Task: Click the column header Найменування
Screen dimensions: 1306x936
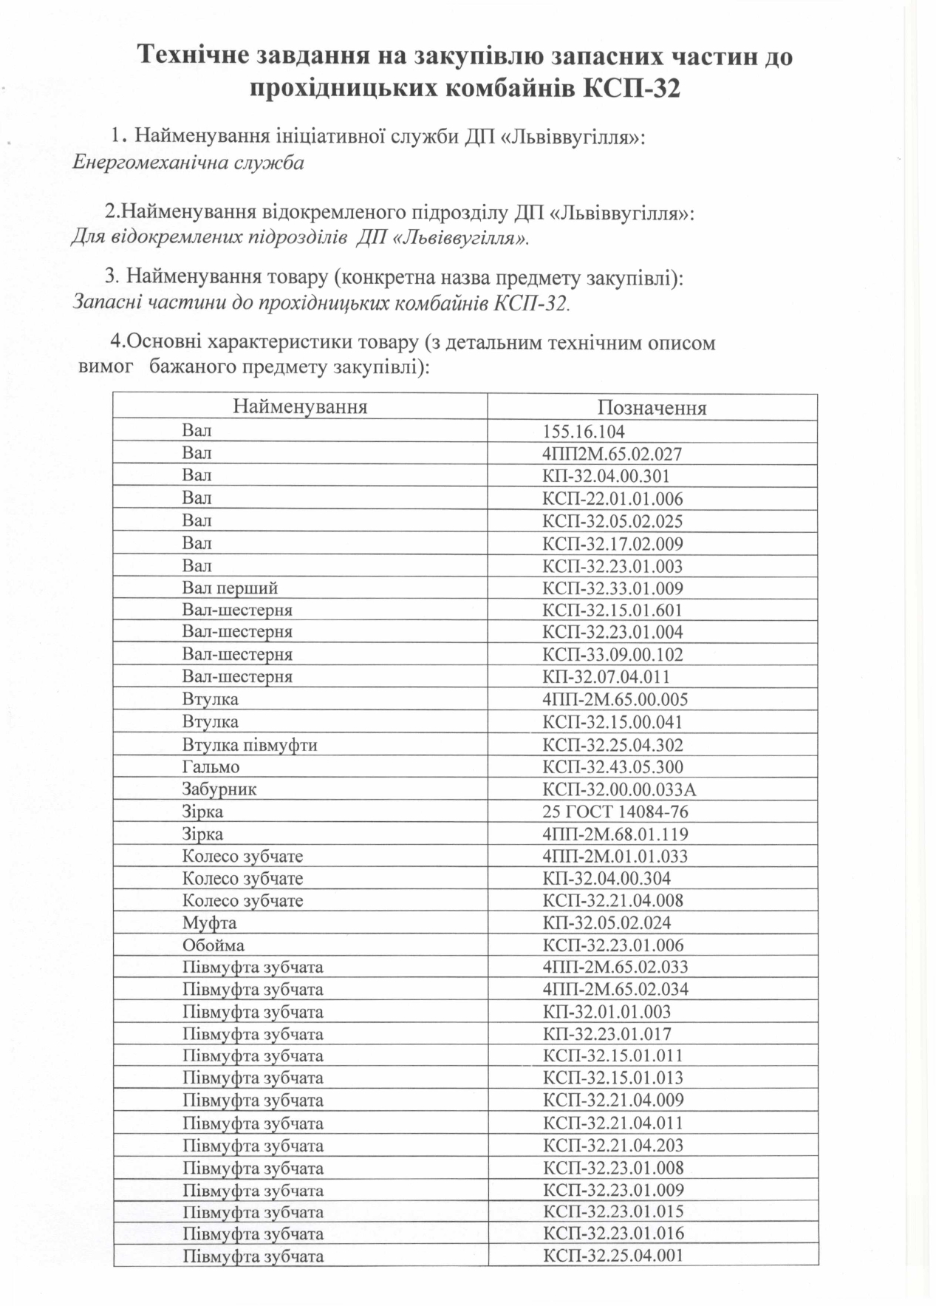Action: coord(300,407)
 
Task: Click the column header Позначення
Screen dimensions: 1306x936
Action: coord(652,408)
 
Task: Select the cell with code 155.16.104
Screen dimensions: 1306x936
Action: coord(584,432)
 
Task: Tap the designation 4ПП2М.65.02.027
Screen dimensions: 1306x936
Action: coord(612,454)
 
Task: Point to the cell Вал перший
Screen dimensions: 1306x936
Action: coord(230,588)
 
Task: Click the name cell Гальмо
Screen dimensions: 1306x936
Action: coord(211,767)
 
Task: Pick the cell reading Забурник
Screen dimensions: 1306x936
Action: coord(219,789)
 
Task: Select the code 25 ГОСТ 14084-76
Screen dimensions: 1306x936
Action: coord(615,812)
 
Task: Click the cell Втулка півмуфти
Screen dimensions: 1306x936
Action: coord(250,745)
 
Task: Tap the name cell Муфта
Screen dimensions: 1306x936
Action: coord(209,923)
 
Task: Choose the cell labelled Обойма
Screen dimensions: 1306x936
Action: coord(213,945)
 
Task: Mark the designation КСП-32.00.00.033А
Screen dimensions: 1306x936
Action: coord(619,789)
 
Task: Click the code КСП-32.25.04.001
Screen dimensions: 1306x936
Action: coord(613,1255)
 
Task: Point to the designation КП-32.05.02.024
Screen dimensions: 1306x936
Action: coord(607,923)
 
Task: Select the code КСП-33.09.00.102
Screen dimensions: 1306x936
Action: coord(613,655)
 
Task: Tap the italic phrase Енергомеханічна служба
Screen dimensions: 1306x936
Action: coord(188,163)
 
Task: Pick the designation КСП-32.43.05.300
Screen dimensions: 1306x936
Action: coord(613,767)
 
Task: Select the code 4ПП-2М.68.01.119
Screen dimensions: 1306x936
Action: coord(615,834)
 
